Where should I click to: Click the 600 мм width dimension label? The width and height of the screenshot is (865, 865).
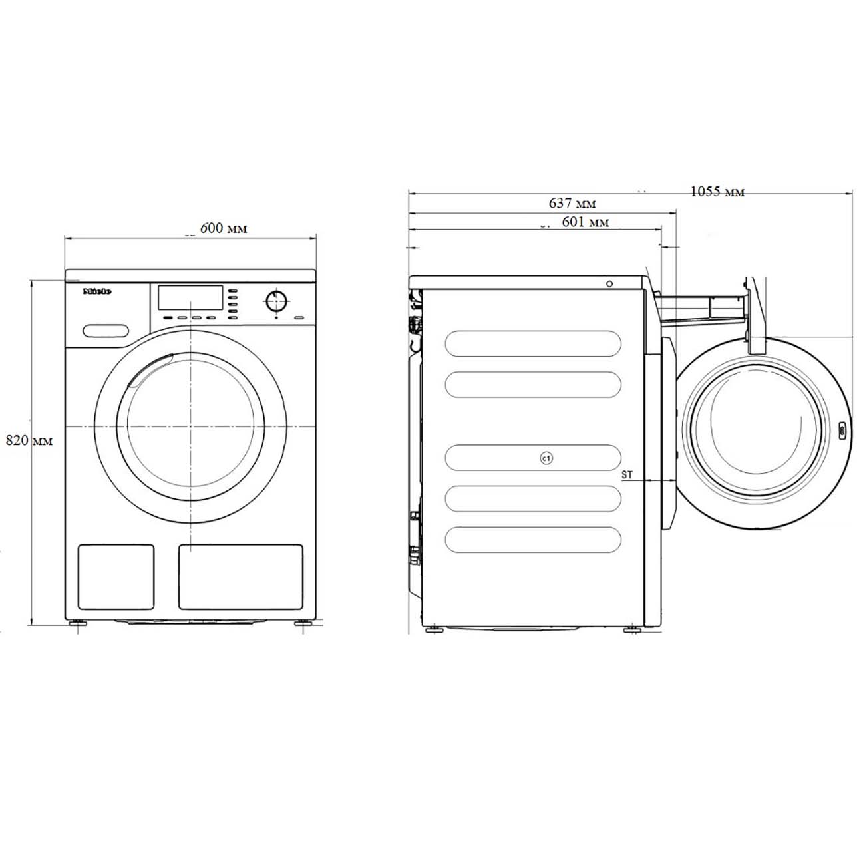coord(223,228)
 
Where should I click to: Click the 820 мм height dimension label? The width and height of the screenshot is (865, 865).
coord(29,440)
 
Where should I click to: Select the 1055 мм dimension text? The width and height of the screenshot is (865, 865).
coord(717,192)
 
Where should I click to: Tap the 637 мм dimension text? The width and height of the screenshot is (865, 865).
coord(572,202)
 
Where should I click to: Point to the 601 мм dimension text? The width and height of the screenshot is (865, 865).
coord(585,222)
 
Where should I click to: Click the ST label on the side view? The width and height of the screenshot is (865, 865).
coord(627,475)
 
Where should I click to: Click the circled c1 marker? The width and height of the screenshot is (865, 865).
coord(546,458)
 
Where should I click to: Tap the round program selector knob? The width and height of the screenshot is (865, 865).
coord(276,301)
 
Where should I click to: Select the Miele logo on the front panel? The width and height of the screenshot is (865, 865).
coord(96,291)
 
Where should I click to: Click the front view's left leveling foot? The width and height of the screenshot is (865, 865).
coord(79,624)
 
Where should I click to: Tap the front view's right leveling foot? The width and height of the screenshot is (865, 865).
coord(301,624)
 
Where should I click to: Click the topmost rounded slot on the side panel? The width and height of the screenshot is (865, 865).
coord(533,343)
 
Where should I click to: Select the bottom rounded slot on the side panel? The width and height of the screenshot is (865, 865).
coord(533,540)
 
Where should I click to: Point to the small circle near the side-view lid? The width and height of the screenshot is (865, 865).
coord(609,284)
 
